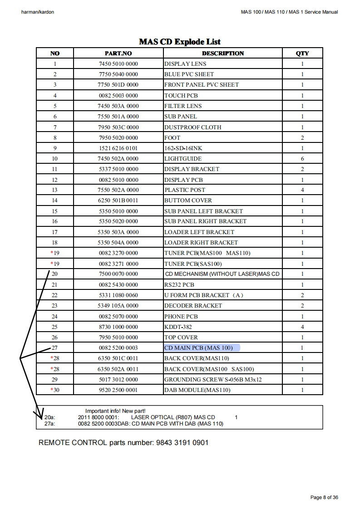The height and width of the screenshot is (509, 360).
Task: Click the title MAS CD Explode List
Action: pyautogui.click(x=180, y=42)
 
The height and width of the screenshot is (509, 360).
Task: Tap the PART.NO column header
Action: pyautogui.click(x=118, y=53)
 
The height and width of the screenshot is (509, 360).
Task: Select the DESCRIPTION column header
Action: pyautogui.click(x=223, y=53)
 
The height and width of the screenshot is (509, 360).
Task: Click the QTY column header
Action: pyautogui.click(x=302, y=53)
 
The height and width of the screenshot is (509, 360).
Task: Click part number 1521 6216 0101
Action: pyautogui.click(x=118, y=148)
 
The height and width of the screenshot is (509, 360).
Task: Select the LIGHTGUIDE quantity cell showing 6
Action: pyautogui.click(x=302, y=159)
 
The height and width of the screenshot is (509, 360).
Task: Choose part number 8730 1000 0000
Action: pyautogui.click(x=118, y=327)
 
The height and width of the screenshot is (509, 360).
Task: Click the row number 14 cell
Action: pyautogui.click(x=54, y=201)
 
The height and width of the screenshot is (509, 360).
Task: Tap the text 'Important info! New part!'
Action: pyautogui.click(x=115, y=411)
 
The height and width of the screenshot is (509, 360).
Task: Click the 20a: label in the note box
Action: pyautogui.click(x=49, y=417)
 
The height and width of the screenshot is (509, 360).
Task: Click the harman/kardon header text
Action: pyautogui.click(x=38, y=12)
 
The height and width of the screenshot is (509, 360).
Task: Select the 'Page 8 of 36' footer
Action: pyautogui.click(x=324, y=498)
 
